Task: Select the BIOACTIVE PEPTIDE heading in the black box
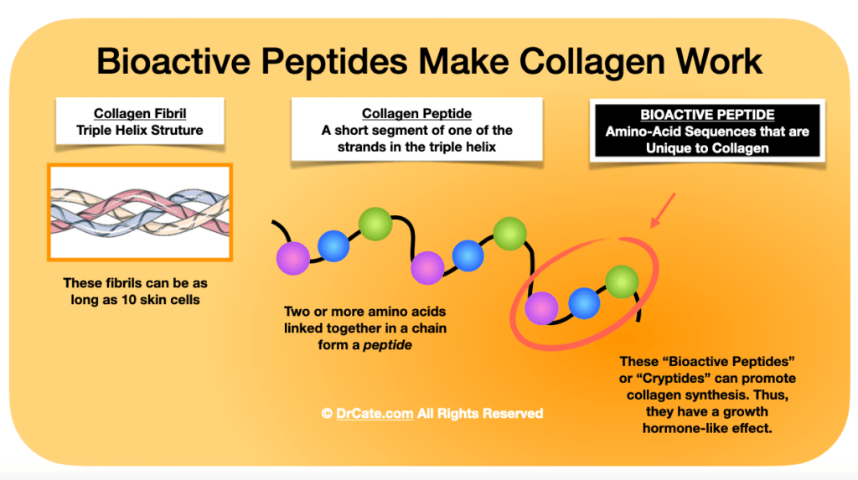706,114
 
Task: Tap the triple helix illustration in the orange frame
139,211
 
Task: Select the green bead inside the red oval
622,281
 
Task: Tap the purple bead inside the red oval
540,307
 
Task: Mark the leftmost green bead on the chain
375,223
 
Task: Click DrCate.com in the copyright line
370,413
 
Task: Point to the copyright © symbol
326,413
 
